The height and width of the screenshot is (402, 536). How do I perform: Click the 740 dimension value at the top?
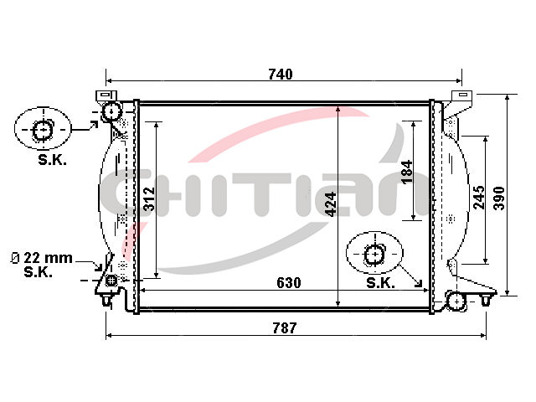[281, 75]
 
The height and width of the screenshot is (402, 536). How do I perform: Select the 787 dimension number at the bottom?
[285, 327]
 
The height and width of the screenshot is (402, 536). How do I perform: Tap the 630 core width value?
[288, 283]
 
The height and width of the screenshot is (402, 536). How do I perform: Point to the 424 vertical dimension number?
[330, 204]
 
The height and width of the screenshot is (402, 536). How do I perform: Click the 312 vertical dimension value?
[149, 199]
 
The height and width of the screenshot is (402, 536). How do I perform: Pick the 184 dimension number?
[407, 172]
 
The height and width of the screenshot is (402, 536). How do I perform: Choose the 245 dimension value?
[478, 198]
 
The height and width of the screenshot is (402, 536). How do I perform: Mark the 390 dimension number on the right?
[499, 198]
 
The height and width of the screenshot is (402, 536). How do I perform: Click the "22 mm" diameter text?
[48, 258]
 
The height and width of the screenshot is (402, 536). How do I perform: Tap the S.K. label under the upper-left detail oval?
[52, 160]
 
